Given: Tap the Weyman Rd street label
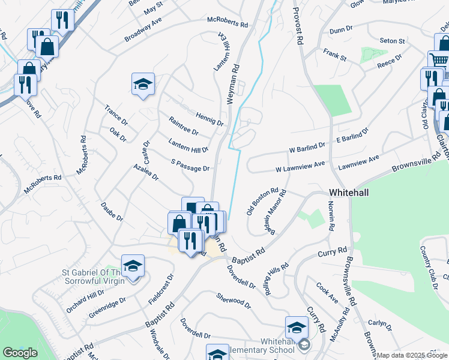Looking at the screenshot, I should pyautogui.click(x=232, y=85).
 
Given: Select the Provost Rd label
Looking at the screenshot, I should pyautogui.click(x=296, y=27).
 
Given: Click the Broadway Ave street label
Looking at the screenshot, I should pyautogui.click(x=143, y=29).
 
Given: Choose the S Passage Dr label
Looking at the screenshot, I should pyautogui.click(x=190, y=165).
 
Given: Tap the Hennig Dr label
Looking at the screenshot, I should pyautogui.click(x=209, y=118).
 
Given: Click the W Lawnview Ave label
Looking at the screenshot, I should pyautogui.click(x=300, y=166).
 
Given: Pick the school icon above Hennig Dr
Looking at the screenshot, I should pyautogui.click(x=143, y=83).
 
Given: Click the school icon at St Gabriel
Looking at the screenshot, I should pyautogui.click(x=133, y=265).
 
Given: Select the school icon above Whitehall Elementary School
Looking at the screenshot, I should pyautogui.click(x=297, y=327).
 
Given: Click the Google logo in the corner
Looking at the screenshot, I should pyautogui.click(x=20, y=353).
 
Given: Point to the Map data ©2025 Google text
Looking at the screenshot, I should pyautogui.click(x=412, y=355).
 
